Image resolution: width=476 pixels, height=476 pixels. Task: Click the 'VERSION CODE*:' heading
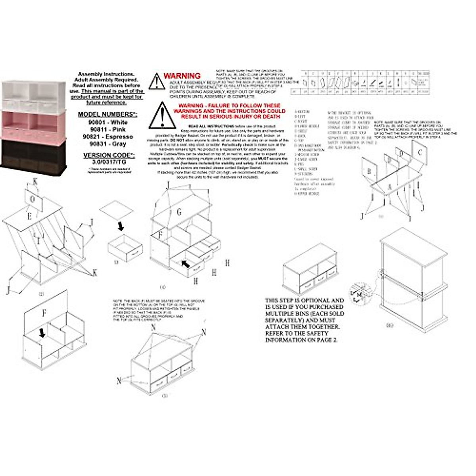[107, 155]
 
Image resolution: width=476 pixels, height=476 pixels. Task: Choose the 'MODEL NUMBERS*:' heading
[107, 115]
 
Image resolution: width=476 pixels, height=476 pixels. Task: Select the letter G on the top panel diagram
[179, 213]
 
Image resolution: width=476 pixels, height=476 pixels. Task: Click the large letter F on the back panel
[44, 313]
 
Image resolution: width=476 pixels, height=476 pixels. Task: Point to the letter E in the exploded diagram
[29, 216]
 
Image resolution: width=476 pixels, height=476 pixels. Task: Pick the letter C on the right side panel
[420, 153]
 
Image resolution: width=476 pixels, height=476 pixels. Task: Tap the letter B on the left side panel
[369, 171]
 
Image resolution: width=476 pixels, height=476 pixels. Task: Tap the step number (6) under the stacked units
[390, 325]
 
